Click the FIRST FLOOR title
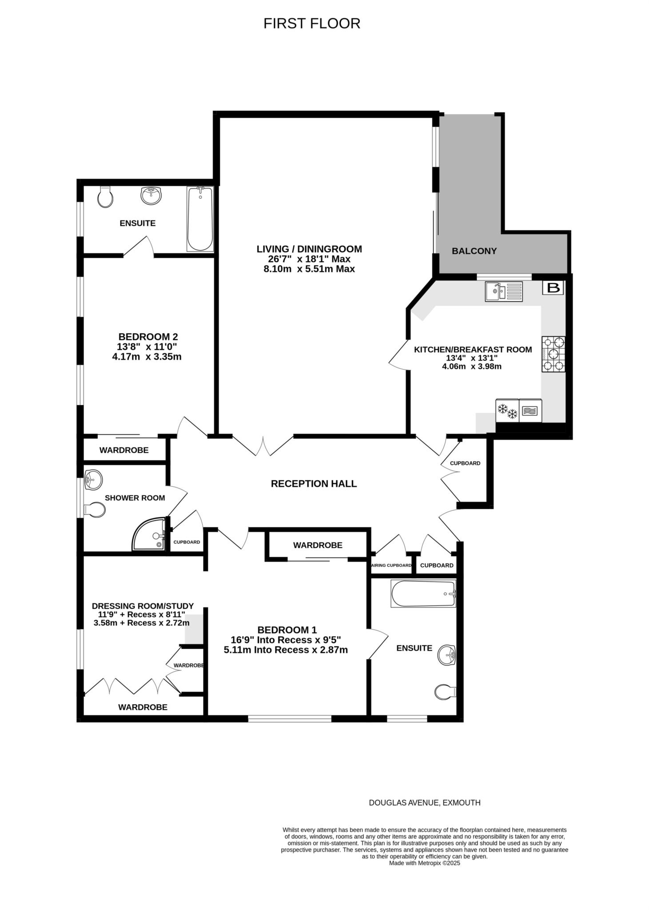coord(312,23)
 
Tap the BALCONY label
coord(474,251)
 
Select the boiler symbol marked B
coord(553,288)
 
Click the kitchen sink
coord(504,291)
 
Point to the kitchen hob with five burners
coord(553,354)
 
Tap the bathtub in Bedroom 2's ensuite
coord(200,219)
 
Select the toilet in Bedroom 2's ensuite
coord(105,196)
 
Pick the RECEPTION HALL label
coord(314,483)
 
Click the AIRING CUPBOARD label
coord(391,566)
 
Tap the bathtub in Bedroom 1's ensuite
coord(423,594)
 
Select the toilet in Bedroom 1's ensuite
coord(445,692)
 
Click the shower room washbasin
coord(93,479)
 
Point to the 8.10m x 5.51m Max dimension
coord(309,269)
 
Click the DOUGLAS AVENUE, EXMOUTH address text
coord(425,802)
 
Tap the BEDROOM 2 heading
coord(148,337)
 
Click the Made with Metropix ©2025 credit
coord(425,863)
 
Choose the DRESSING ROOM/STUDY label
coord(143,606)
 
